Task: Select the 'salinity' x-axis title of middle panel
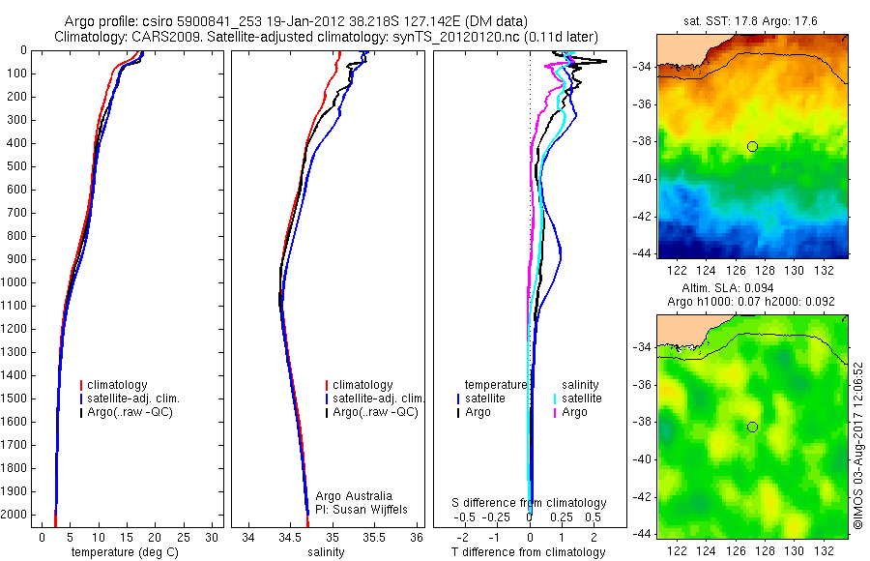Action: point(324,552)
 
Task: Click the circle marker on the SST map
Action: point(752,146)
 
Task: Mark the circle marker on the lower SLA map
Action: point(752,427)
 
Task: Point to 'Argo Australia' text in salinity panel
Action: point(355,496)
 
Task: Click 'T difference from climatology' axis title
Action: point(529,552)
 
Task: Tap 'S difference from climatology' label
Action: point(530,503)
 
